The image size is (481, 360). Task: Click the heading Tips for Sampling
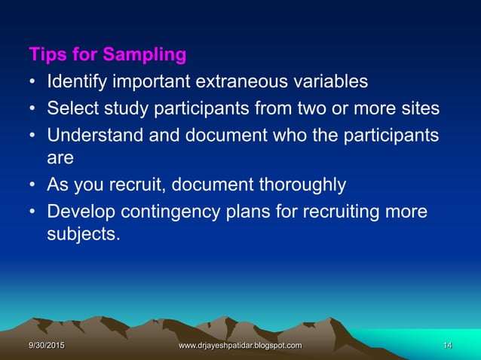pos(108,55)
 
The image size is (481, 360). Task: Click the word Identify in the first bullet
pos(75,81)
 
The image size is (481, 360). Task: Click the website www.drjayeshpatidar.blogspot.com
pos(239,345)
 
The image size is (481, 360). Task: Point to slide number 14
pos(447,345)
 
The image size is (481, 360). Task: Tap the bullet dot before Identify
pos(34,81)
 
